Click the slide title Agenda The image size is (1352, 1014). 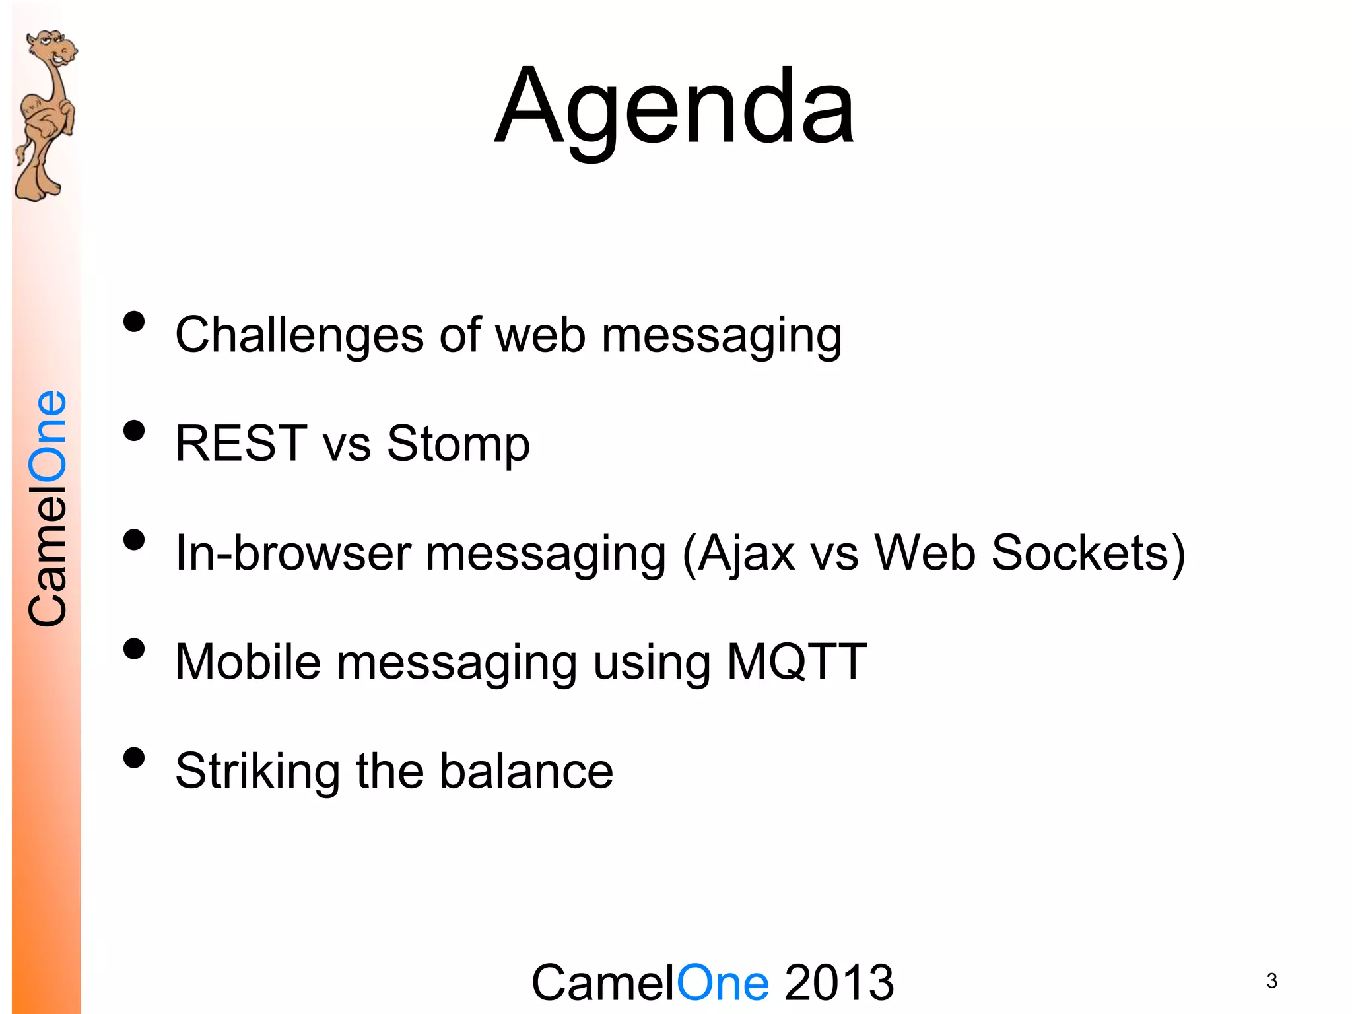click(675, 109)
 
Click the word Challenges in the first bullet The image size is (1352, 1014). click(298, 335)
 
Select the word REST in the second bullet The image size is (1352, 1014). click(241, 444)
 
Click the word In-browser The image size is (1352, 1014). click(293, 553)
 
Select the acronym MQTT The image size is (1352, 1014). click(796, 661)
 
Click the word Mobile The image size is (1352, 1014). click(248, 661)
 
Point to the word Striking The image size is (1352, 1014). click(257, 771)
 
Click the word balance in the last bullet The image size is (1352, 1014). click(526, 771)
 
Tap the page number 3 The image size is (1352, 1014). click(1271, 981)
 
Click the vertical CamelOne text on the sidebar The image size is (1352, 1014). click(48, 508)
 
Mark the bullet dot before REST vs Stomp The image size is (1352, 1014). click(134, 430)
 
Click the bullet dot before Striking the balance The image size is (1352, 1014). click(134, 758)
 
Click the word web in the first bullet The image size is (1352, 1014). click(540, 335)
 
